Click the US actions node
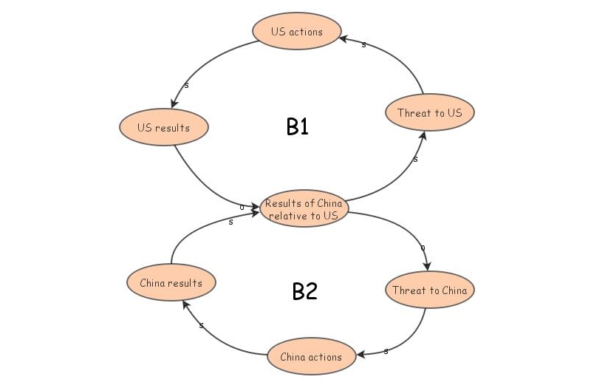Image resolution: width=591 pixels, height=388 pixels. [x=297, y=32]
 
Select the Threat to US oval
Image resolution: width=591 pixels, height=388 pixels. [x=429, y=113]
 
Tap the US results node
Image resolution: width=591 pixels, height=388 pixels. [x=163, y=128]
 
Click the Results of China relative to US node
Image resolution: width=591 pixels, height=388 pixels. [x=304, y=209]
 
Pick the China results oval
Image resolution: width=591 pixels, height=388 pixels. [x=171, y=282]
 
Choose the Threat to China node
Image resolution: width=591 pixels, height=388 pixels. [x=429, y=290]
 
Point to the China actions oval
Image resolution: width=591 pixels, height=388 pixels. [x=311, y=357]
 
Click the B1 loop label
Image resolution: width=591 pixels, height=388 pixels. [x=297, y=127]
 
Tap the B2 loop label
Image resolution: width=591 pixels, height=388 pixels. [x=304, y=291]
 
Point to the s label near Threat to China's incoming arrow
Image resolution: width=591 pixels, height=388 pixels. [x=422, y=248]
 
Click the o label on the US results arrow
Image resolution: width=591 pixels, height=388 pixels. [x=242, y=207]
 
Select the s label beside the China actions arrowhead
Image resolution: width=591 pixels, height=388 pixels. [x=386, y=351]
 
